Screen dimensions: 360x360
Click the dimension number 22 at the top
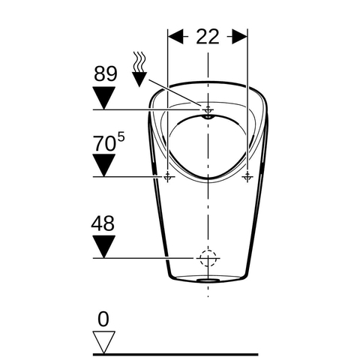point(208,37)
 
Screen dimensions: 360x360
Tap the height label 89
point(106,73)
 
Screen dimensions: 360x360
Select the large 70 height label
point(104,144)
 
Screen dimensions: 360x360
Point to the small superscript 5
point(121,137)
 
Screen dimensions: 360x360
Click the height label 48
point(103,223)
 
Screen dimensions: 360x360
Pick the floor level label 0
point(103,319)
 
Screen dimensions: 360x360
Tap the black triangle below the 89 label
point(103,97)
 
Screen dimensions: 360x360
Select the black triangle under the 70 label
point(103,165)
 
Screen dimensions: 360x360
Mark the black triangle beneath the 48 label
point(103,247)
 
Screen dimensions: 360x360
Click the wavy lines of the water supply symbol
point(139,61)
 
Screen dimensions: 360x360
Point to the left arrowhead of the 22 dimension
point(175,37)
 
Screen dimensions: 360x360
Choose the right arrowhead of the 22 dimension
point(239,37)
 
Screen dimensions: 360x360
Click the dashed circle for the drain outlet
point(208,258)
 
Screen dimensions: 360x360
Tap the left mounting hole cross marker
point(168,177)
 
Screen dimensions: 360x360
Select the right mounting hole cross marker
point(247,177)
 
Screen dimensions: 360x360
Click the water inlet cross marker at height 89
point(208,109)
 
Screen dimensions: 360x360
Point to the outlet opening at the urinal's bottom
point(208,280)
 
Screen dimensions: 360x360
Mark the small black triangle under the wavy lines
point(139,79)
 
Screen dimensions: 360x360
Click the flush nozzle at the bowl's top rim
point(208,117)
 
